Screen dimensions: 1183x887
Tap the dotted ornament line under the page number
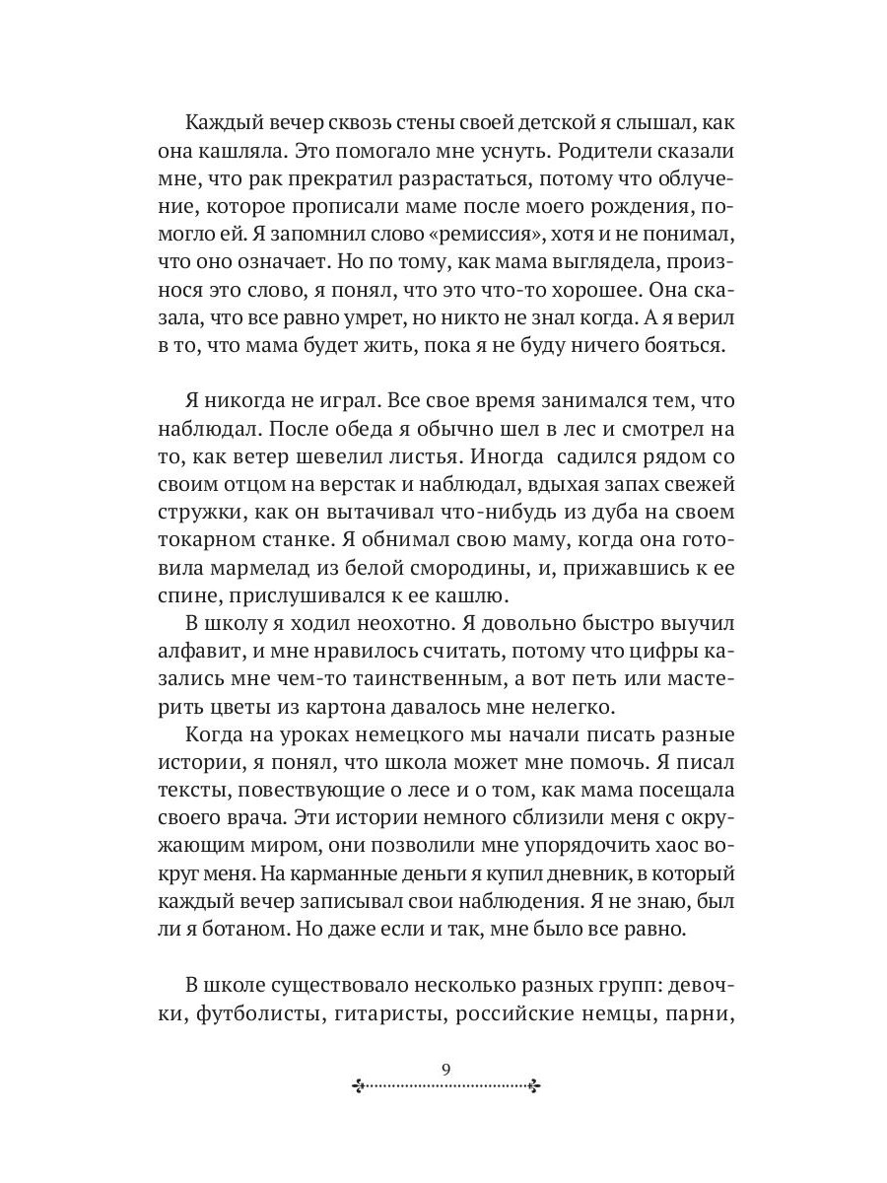pyautogui.click(x=445, y=1086)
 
